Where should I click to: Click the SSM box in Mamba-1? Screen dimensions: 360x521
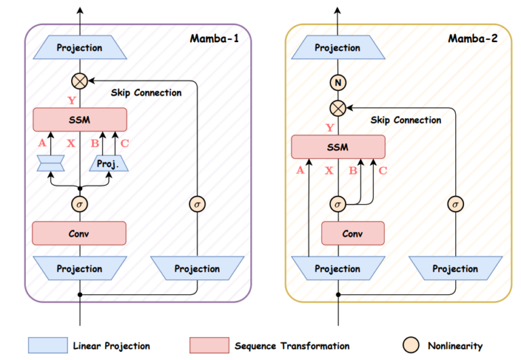[79, 120]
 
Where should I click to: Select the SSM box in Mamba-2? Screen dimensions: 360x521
[337, 146]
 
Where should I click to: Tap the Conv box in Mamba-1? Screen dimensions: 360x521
[79, 233]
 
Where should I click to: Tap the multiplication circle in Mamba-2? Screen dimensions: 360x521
[337, 107]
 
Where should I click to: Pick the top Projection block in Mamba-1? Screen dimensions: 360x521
[79, 48]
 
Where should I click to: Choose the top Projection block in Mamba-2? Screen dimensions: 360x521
[337, 48]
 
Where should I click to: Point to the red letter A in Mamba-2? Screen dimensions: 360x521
[301, 171]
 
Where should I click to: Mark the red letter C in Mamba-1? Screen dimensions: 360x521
[124, 143]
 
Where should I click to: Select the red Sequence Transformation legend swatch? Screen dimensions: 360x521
[208, 346]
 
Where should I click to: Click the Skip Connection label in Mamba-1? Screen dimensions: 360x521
[146, 92]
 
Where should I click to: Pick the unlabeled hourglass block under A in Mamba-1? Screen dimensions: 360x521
[52, 163]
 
